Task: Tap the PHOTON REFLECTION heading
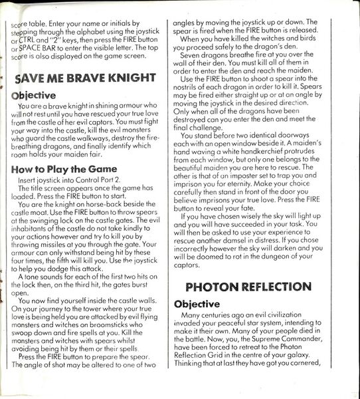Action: (x=248, y=287)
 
